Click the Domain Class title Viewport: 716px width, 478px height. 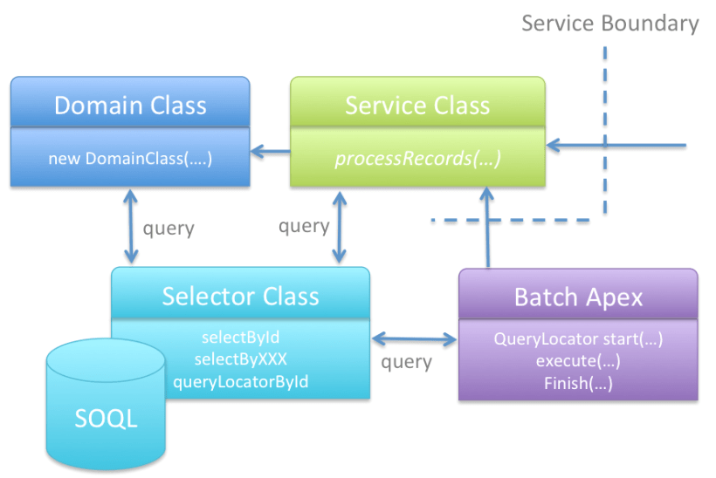(x=130, y=106)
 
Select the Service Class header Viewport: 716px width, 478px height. (x=417, y=106)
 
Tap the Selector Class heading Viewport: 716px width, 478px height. (x=240, y=296)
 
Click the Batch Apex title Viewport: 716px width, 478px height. (x=578, y=297)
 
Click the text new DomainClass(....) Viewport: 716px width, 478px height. (x=130, y=159)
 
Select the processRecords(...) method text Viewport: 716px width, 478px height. (x=417, y=159)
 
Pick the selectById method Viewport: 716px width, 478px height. (x=240, y=338)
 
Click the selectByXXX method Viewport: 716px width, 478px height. (x=240, y=358)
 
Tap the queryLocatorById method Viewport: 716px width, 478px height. (x=240, y=380)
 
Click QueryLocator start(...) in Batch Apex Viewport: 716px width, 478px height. (x=578, y=339)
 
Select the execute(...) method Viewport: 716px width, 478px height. (x=578, y=360)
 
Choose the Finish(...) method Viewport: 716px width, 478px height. (x=578, y=382)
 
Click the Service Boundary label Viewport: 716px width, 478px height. (x=609, y=24)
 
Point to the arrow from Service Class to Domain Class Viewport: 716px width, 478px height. (x=271, y=154)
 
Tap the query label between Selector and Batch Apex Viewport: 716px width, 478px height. (x=407, y=361)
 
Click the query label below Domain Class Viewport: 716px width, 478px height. (x=169, y=229)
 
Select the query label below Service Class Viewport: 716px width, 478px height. (x=303, y=226)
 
